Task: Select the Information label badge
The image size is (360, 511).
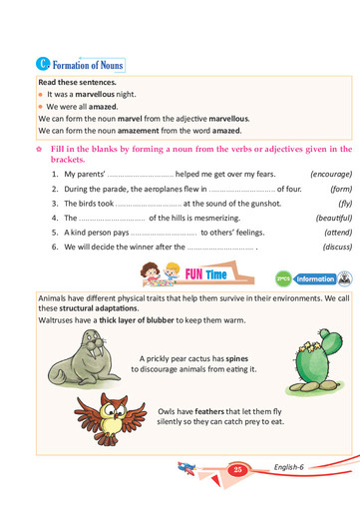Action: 315,279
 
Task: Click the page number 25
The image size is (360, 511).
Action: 237,469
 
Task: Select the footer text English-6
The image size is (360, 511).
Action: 292,468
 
